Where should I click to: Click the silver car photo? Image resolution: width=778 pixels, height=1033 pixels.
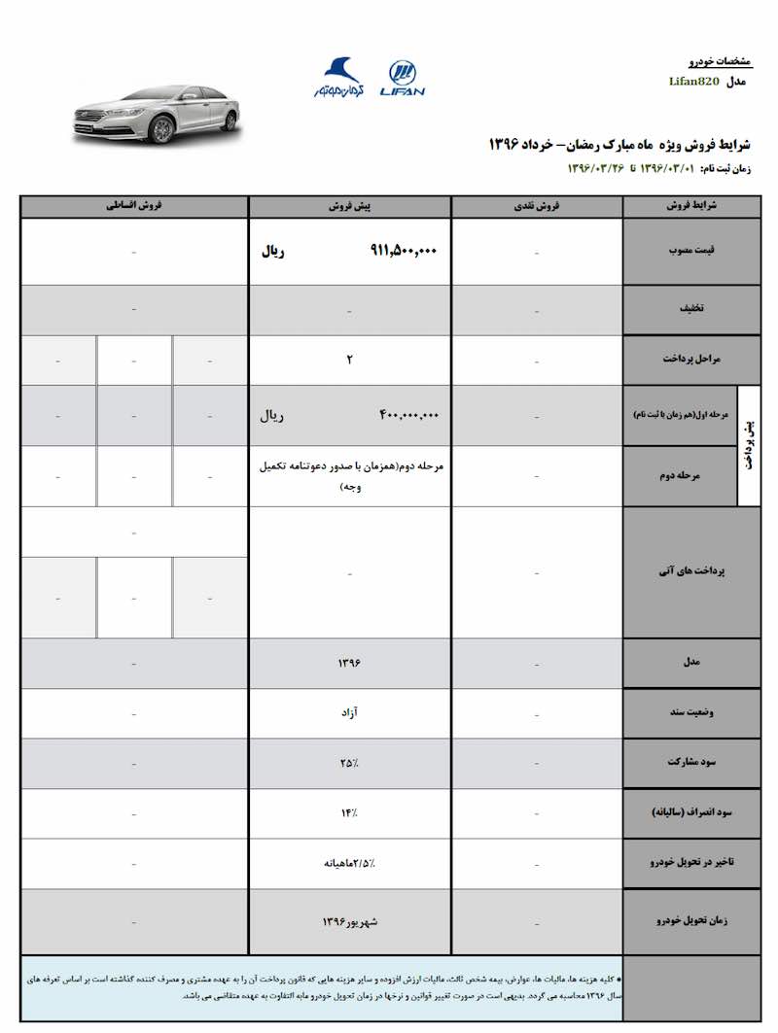156,114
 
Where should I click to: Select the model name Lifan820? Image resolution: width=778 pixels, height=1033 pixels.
695,82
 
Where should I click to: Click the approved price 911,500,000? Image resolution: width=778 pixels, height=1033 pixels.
404,251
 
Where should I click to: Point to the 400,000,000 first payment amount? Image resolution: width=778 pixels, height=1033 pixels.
408,415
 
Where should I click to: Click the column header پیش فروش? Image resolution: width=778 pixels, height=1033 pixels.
349,207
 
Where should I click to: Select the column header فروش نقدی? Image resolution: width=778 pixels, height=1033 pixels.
537,207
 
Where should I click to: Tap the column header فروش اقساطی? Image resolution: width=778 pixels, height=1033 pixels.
134,207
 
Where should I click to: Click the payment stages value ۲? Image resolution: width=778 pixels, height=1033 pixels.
349,360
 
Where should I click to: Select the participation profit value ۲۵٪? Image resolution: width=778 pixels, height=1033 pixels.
349,763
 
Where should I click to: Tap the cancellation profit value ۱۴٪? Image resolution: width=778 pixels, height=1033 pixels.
349,812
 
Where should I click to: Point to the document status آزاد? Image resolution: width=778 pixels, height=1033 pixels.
349,712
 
